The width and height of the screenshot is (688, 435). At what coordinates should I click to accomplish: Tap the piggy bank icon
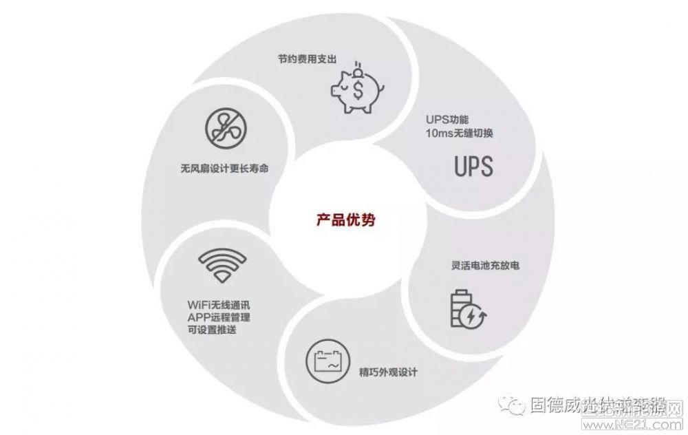357,89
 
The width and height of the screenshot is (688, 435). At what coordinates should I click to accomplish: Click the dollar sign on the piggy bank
358,89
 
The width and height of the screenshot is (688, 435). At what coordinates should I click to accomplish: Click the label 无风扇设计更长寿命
225,167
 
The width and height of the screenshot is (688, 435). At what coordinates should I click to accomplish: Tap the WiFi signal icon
222,265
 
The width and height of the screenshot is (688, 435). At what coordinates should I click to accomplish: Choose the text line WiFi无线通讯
222,303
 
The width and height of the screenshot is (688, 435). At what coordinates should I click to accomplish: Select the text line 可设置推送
212,330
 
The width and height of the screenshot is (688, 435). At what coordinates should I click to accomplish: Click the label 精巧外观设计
388,372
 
